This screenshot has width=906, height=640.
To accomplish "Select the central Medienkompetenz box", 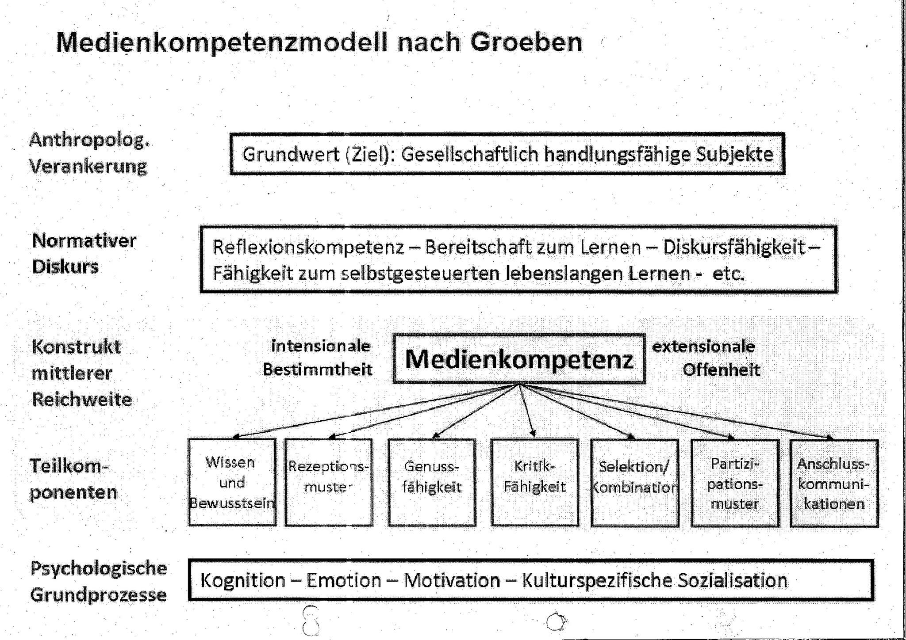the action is [519, 358].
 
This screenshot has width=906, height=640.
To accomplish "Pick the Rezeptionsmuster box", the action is [329, 482].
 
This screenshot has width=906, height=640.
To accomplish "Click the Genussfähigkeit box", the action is [432, 482].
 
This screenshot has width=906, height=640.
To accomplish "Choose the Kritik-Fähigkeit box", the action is [535, 482].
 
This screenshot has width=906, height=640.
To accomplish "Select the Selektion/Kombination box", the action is [635, 483].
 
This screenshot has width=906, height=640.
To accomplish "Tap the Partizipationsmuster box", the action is [735, 483].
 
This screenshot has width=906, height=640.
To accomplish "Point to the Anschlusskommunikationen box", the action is [834, 483].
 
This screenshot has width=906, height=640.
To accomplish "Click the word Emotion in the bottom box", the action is [344, 580].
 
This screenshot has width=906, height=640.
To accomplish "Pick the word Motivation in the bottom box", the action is [452, 580].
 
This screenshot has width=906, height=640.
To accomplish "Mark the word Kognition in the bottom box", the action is [243, 580].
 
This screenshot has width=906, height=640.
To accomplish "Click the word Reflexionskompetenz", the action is [308, 248].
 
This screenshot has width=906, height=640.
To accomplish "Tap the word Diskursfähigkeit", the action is [734, 248].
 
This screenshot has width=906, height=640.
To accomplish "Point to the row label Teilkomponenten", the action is [73, 479].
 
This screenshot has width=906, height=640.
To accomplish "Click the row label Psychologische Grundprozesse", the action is [98, 581].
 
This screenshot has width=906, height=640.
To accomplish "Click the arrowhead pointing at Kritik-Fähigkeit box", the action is [534, 434].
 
